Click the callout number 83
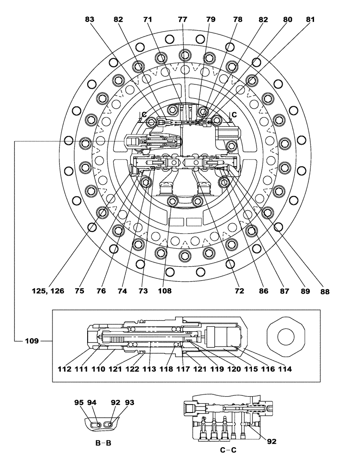click(90, 20)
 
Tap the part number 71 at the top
click(148, 20)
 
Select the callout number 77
click(183, 20)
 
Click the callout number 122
click(132, 369)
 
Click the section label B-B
click(103, 443)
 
